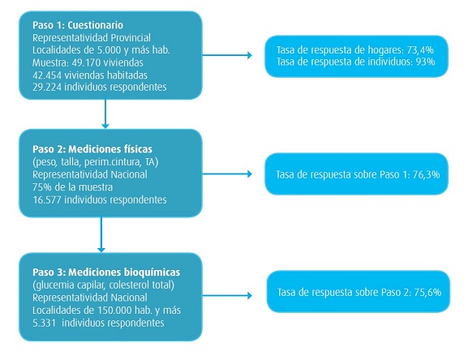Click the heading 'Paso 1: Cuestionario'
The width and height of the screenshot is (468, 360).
point(78,25)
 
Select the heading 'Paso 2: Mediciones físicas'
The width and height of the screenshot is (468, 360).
point(92,149)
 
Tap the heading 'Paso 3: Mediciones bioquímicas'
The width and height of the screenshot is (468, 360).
point(106,272)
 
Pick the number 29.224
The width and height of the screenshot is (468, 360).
point(47,87)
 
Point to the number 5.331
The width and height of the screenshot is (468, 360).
point(44,323)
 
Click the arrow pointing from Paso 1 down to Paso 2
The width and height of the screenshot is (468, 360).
point(105,114)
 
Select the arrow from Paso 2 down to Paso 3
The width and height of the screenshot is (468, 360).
point(101,234)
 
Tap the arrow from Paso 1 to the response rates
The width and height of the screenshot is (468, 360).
point(227,55)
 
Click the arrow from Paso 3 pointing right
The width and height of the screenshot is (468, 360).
point(227,296)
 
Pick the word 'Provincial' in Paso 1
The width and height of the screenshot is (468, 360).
point(131,38)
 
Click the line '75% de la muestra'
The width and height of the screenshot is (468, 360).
point(72,187)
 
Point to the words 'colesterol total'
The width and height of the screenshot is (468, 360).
point(141,285)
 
